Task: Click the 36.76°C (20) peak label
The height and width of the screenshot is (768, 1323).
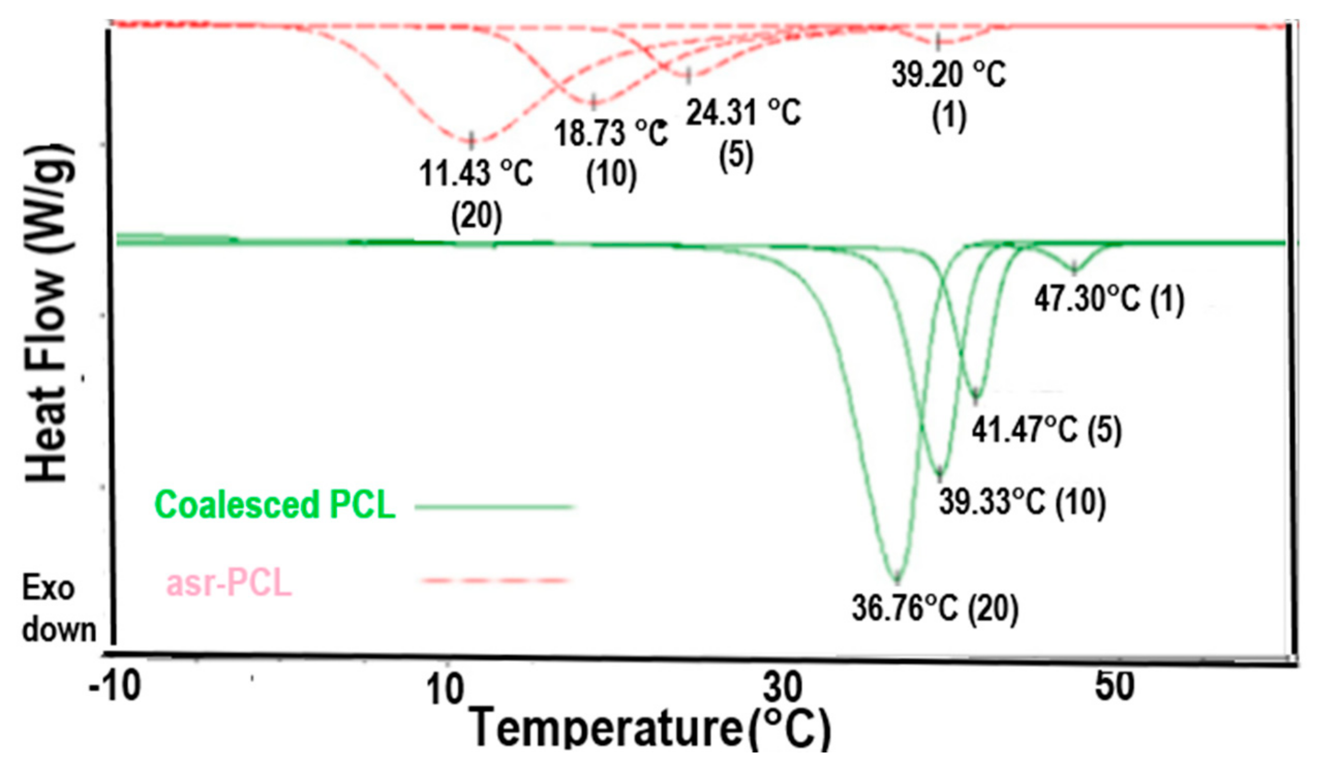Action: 935,609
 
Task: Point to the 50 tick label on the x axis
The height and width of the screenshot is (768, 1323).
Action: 1114,686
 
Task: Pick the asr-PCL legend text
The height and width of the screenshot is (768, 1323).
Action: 229,584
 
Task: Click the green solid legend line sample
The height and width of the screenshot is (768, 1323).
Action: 495,507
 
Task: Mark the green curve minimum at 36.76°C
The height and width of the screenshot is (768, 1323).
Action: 897,579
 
